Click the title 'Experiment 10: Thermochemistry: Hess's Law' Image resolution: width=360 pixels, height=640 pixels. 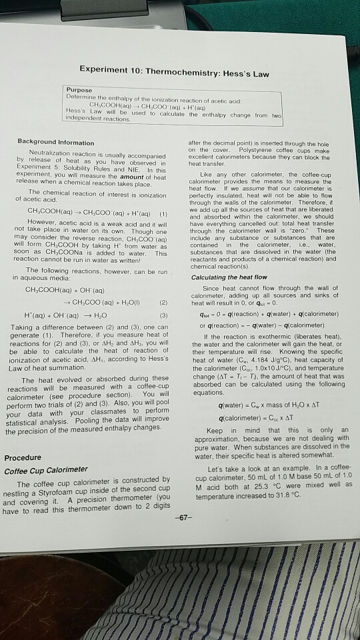[174, 73]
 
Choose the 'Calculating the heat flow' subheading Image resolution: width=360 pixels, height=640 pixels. [230, 277]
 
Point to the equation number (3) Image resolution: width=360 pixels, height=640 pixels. [164, 314]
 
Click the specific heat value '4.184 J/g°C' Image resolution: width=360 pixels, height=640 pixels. [265, 364]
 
